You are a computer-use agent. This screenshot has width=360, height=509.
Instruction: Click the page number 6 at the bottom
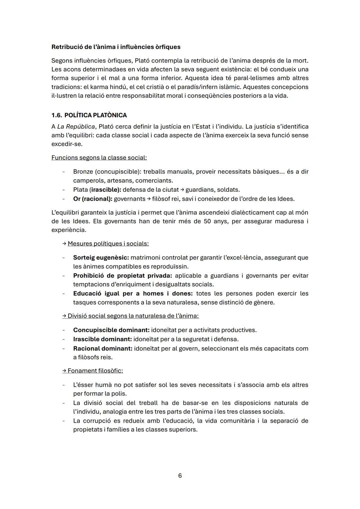(180, 476)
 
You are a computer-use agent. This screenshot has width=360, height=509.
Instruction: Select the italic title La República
(76, 127)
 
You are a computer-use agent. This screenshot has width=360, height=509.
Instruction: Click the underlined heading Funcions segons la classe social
(99, 158)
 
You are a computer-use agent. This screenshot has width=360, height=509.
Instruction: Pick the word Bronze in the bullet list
(83, 172)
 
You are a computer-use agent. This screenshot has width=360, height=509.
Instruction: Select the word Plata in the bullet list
(80, 190)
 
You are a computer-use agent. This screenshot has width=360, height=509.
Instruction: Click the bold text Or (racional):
(93, 199)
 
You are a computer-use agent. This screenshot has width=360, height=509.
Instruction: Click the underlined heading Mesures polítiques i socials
(108, 244)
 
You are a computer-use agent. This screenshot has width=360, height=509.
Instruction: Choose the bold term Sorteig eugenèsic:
(101, 258)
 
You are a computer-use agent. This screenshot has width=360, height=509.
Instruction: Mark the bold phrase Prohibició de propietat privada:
(122, 276)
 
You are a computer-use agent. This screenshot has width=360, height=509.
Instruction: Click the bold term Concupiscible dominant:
(111, 330)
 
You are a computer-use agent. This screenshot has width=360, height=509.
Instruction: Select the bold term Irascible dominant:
(102, 339)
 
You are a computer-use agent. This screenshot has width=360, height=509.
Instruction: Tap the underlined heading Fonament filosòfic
(95, 371)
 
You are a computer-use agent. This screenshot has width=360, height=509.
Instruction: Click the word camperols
(88, 181)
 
